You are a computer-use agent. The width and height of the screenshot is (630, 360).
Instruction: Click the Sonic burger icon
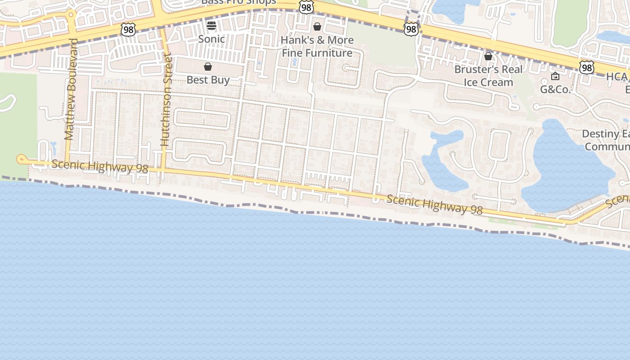[211, 26]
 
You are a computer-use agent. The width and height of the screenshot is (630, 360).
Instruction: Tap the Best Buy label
[208, 80]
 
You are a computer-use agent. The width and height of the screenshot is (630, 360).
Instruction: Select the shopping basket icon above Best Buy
[208, 67]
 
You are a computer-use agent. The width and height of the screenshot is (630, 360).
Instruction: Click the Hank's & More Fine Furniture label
[317, 46]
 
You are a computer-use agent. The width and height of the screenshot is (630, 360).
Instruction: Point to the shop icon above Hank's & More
[317, 27]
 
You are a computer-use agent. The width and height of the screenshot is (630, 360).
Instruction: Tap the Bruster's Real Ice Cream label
[488, 76]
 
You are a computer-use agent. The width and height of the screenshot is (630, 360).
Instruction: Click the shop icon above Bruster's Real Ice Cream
[488, 56]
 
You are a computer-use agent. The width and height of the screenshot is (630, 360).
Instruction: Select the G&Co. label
[555, 90]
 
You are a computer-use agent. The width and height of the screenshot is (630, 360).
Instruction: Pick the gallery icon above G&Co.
[555, 76]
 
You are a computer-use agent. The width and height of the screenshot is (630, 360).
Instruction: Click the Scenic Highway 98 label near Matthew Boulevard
[99, 166]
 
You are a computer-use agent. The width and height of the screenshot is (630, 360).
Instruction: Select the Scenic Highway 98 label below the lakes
[434, 204]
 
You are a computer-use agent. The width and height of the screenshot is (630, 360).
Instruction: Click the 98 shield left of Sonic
[128, 30]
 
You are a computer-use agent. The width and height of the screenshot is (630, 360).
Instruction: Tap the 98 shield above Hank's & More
[306, 7]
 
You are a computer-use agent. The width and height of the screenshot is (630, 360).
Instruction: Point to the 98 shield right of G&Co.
[586, 67]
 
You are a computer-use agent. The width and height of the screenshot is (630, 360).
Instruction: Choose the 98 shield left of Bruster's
[411, 29]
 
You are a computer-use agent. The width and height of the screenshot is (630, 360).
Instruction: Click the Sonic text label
[211, 39]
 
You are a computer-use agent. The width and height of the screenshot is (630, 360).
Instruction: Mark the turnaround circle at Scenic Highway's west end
[21, 159]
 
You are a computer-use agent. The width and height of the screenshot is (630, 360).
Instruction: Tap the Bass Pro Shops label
[238, 2]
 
